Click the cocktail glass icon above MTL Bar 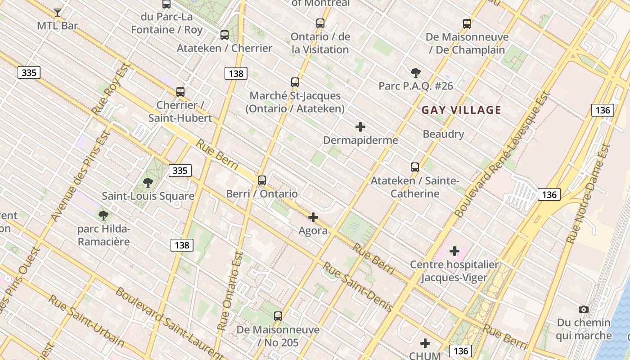[58, 12]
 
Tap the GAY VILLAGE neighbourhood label [461, 110]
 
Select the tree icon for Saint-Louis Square [148, 182]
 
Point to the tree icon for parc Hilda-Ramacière [103, 215]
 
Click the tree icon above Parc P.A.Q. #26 [416, 72]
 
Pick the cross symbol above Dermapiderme [360, 127]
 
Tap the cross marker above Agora [313, 218]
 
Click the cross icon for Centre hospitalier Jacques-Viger [454, 251]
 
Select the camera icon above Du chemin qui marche [584, 309]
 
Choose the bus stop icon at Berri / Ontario [262, 180]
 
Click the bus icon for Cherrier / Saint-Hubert [180, 92]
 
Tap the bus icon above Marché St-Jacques [295, 82]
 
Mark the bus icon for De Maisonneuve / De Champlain [467, 24]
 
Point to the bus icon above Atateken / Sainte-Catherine [415, 167]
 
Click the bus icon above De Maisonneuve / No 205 [278, 316]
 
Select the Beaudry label [443, 134]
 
